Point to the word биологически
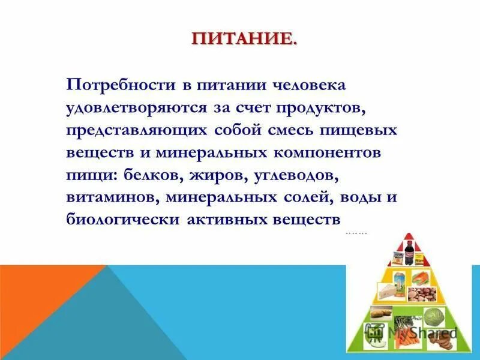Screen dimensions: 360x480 click(122, 220)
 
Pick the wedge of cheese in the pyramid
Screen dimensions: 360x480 click(387, 293)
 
